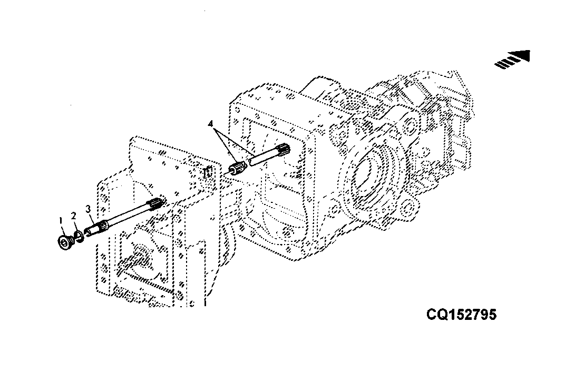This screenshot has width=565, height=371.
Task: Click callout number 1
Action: [61, 220]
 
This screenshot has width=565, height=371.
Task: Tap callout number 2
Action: [73, 216]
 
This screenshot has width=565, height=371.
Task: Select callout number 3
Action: [88, 209]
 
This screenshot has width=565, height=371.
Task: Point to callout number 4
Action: [211, 124]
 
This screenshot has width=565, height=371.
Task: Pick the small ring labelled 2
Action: [79, 237]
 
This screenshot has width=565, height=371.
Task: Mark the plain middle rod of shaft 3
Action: [128, 216]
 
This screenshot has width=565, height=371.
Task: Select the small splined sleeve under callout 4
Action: [238, 168]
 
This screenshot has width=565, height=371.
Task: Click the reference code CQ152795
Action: [461, 315]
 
